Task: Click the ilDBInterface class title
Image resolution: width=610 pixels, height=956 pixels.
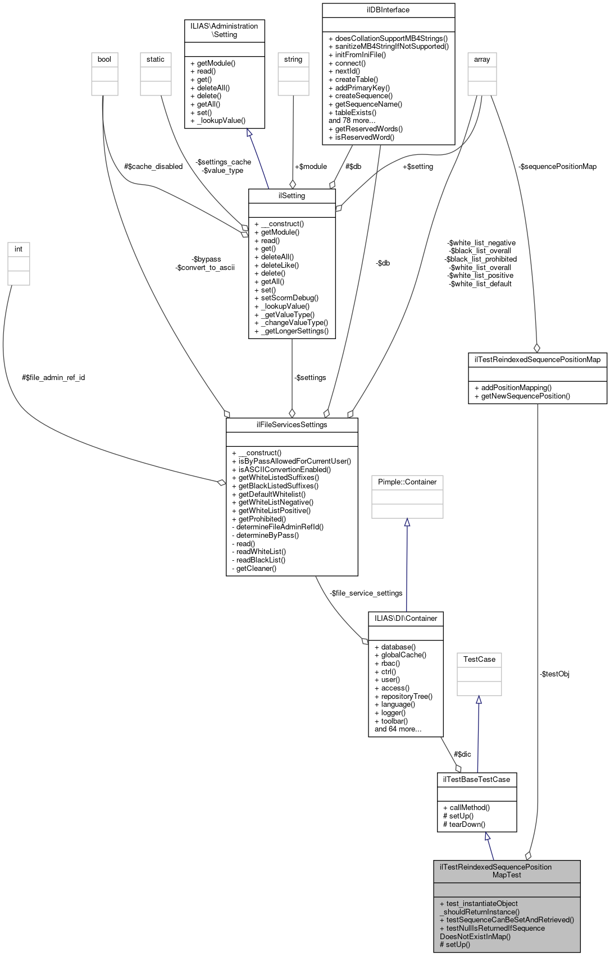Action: click(388, 10)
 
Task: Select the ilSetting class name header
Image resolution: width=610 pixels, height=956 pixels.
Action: click(292, 196)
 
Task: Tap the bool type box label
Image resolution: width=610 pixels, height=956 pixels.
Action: click(104, 60)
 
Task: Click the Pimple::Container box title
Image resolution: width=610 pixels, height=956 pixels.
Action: click(407, 482)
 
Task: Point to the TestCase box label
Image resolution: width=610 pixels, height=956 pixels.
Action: click(479, 660)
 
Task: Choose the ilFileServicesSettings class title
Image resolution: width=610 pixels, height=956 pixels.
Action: click(292, 425)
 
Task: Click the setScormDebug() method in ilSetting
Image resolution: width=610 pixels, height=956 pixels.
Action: click(289, 298)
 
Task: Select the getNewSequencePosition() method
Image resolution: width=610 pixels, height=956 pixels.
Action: click(522, 396)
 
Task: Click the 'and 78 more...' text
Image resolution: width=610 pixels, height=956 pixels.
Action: click(352, 121)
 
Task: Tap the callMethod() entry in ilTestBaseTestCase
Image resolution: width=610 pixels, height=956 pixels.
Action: click(466, 808)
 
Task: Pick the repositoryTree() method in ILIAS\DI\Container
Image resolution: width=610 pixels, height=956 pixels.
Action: click(403, 697)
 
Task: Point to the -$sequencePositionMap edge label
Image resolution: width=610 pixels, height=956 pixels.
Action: click(558, 167)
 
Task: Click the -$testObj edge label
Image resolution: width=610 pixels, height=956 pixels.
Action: click(554, 674)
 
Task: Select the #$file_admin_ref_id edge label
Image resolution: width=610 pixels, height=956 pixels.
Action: click(53, 378)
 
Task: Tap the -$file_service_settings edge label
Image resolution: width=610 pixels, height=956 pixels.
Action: click(366, 593)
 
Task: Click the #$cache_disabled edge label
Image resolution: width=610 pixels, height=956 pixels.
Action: click(153, 167)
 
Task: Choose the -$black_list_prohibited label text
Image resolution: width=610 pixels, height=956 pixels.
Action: click(481, 259)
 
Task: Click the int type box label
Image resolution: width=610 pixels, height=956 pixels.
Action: click(19, 249)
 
